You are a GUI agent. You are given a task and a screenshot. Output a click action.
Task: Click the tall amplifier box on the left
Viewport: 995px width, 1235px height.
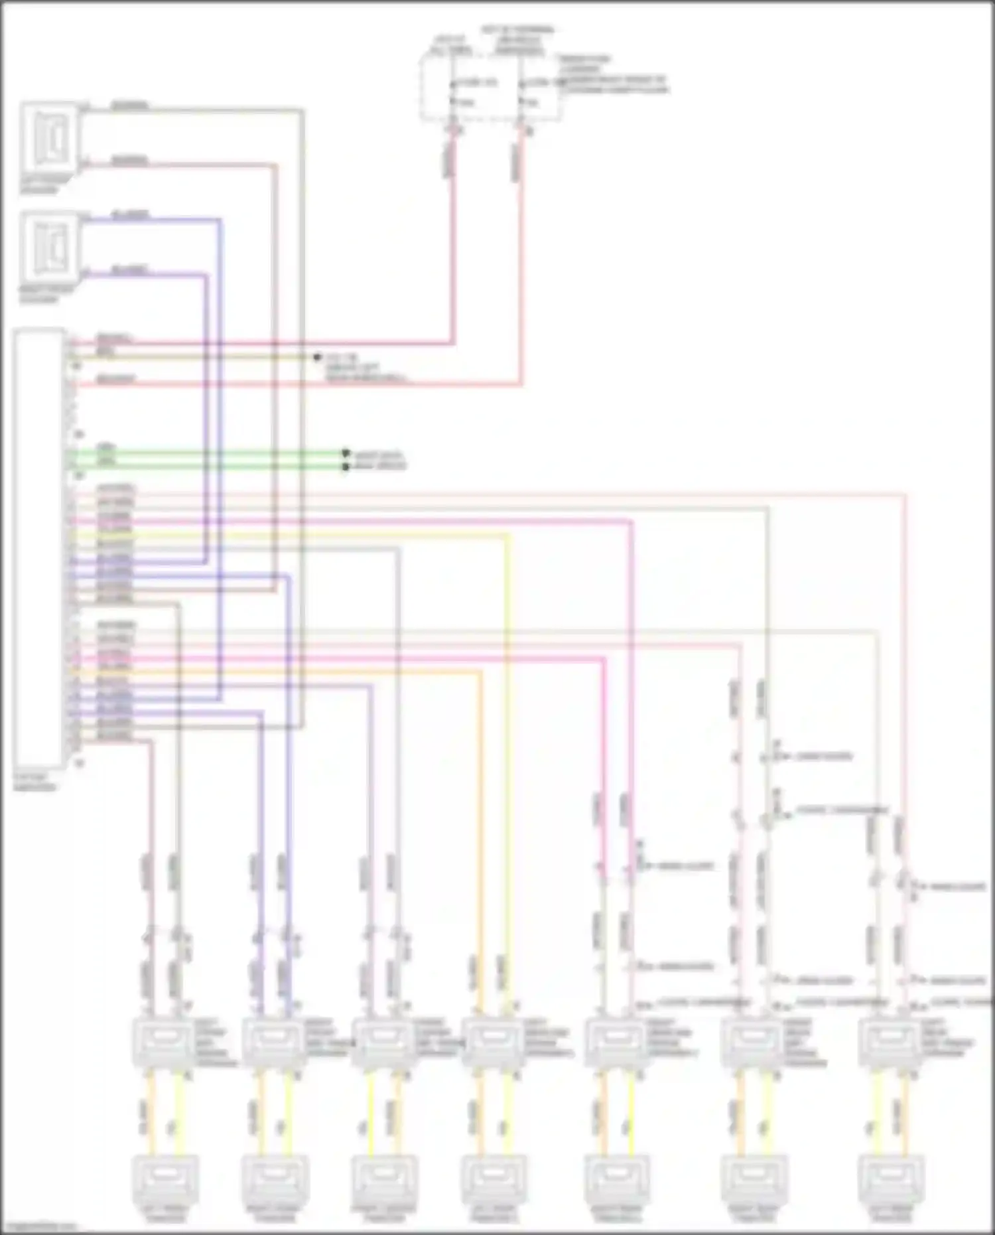[x=40, y=547]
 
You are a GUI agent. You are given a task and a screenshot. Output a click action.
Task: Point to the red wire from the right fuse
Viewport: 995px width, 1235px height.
[x=521, y=265]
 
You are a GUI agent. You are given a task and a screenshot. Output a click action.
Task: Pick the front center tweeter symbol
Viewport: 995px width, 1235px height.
[x=383, y=1178]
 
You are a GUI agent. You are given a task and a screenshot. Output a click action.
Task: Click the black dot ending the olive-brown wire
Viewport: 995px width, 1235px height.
[x=317, y=358]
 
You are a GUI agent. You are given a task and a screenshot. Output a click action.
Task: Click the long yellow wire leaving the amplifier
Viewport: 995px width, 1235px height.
[x=508, y=730]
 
